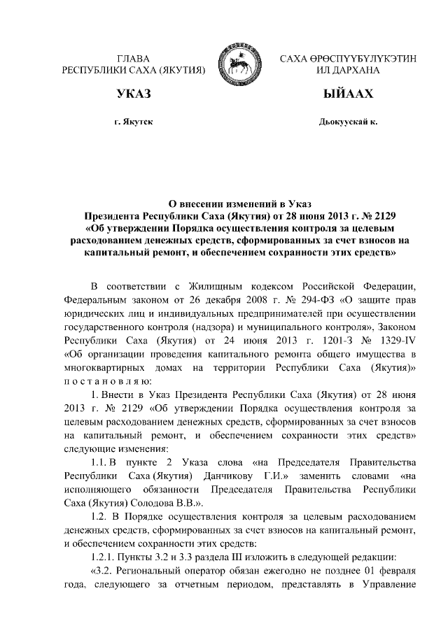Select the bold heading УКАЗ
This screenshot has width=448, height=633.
(x=133, y=94)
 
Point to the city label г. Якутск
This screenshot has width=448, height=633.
(x=133, y=122)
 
